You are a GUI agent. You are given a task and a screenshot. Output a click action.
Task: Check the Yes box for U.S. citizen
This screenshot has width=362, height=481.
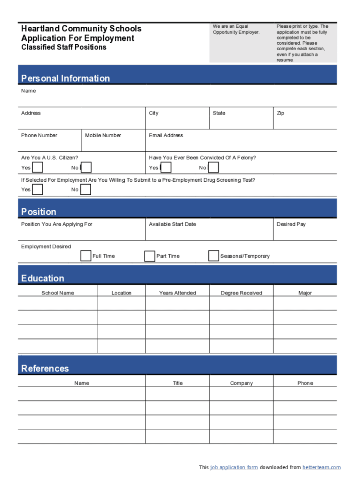point(38,167)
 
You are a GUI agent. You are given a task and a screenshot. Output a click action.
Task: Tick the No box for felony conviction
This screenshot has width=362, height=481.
point(213,167)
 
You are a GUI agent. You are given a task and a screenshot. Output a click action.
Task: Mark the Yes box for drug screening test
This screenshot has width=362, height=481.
point(38,189)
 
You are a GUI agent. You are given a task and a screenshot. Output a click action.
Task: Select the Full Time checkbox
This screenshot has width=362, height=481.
point(86,256)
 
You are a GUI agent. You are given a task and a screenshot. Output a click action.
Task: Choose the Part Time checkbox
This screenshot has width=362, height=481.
point(150,256)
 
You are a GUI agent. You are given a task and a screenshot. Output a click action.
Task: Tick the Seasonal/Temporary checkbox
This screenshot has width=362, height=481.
point(213,256)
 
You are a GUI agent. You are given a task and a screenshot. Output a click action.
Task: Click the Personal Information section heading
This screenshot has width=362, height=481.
point(65,78)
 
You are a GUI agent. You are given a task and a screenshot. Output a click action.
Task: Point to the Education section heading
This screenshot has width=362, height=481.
point(43,278)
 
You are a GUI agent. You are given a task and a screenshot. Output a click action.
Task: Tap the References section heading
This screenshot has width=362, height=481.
point(45,368)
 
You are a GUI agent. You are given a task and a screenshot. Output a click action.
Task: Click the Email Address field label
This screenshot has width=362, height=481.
point(166,135)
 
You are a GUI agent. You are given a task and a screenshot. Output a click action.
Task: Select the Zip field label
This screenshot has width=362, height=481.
point(281,113)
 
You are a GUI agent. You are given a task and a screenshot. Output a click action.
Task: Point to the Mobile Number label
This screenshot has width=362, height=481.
point(103,135)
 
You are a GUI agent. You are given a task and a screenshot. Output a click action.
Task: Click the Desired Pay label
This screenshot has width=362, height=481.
point(291,224)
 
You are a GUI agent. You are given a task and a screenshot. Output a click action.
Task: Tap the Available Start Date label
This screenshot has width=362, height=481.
point(173,224)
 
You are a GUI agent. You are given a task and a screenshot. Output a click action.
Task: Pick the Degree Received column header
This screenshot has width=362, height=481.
point(241,293)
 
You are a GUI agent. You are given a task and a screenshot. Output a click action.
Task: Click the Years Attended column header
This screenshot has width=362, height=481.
point(177,293)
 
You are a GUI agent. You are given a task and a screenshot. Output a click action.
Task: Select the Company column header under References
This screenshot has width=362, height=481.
point(241,383)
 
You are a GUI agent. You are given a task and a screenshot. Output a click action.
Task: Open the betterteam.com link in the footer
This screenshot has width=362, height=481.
point(322,467)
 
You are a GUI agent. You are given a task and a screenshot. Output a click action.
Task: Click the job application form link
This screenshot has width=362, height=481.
point(234,467)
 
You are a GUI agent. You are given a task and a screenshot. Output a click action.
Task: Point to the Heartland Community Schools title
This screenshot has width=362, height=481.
point(81,29)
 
